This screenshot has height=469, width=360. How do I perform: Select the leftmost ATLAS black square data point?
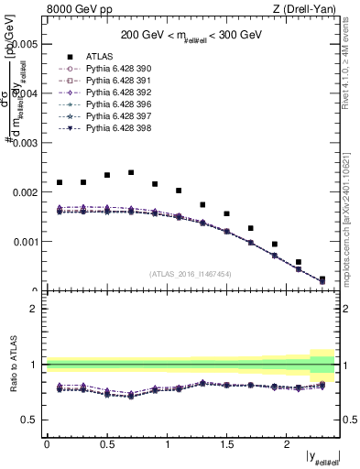60,182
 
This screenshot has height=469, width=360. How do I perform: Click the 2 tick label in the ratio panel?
35,309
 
